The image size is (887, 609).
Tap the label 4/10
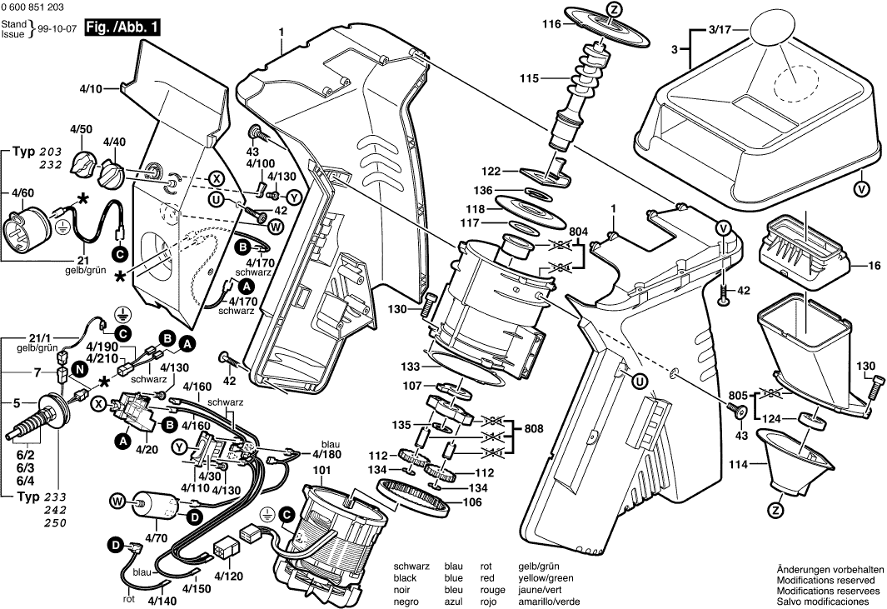click(92, 87)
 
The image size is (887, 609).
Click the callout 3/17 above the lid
click(720, 29)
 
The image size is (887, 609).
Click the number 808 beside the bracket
click(534, 428)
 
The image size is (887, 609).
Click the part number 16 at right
click(874, 266)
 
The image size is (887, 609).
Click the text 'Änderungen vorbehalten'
click(830, 568)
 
